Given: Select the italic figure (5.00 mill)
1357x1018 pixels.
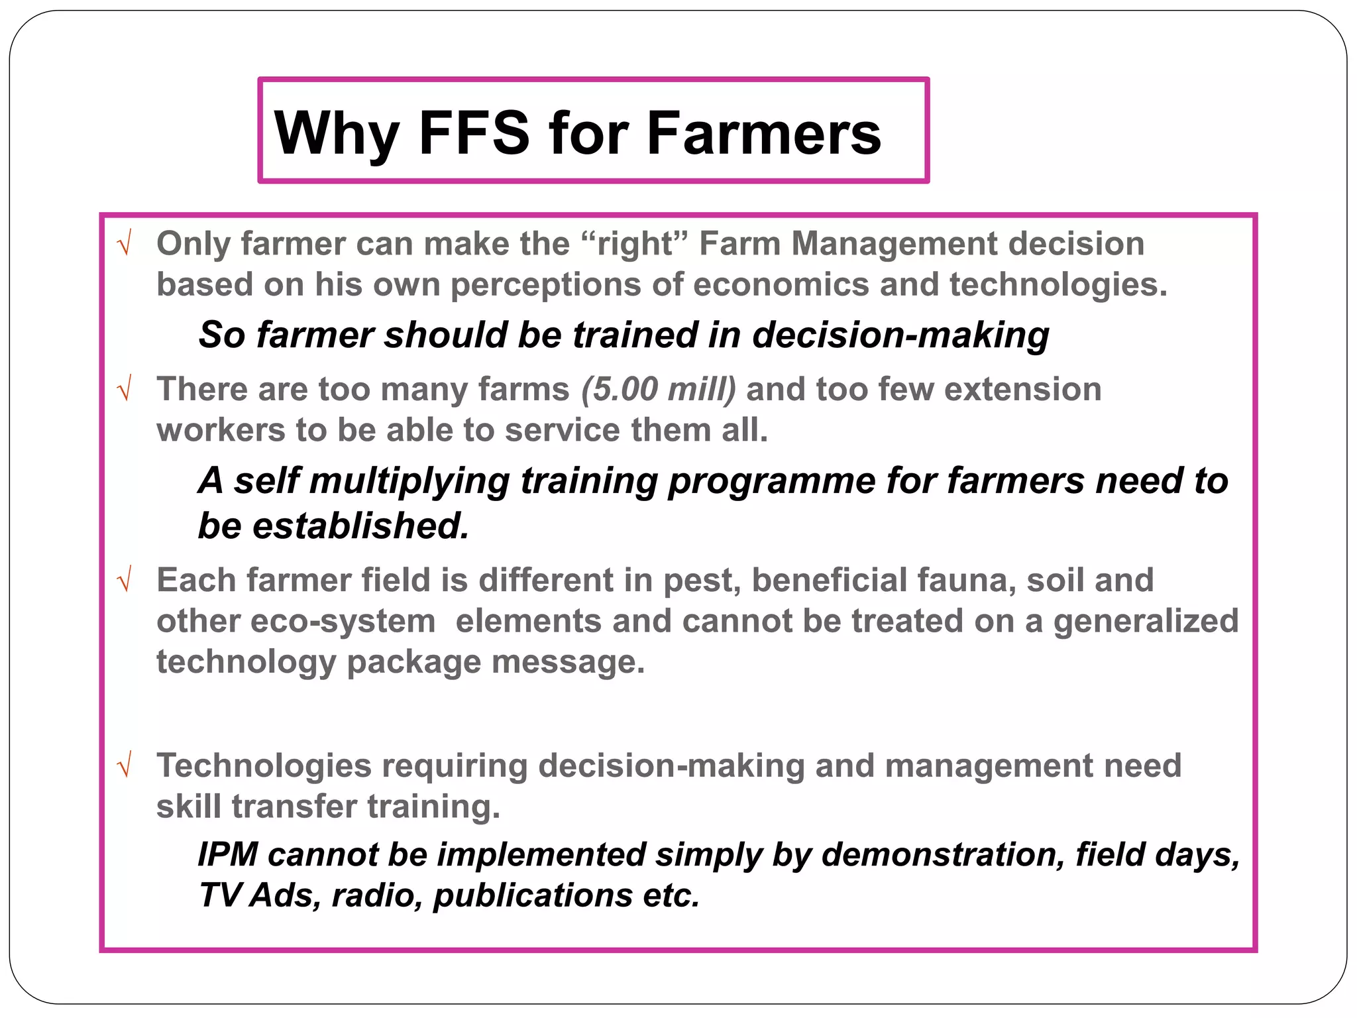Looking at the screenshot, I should (659, 389).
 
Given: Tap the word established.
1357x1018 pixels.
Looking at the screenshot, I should (361, 526).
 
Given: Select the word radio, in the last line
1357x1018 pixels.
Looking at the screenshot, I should (377, 895).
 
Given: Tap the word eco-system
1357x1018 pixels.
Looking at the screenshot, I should (343, 622).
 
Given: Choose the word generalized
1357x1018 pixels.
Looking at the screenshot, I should (1146, 622).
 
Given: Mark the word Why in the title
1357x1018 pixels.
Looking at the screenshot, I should (337, 135).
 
